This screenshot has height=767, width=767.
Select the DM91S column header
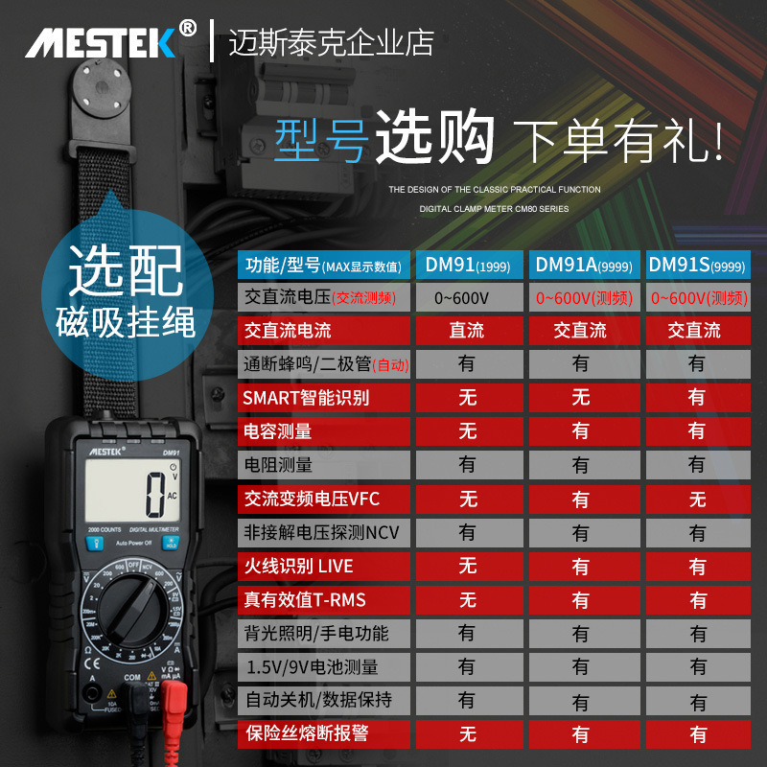point(697,265)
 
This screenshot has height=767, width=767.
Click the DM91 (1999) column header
point(467,265)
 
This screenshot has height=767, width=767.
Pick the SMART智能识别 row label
point(306,397)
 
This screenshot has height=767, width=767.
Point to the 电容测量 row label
point(278,431)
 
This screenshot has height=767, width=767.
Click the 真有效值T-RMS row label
point(305,600)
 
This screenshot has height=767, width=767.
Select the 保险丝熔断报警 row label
point(307,734)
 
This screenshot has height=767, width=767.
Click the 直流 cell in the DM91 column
point(467,331)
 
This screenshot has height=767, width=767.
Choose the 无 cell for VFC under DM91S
point(697,499)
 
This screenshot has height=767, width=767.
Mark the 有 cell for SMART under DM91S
point(697,397)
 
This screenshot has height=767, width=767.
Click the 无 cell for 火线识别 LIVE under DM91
point(467,566)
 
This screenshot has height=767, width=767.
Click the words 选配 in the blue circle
point(125,271)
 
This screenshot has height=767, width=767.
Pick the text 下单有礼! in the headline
point(618,141)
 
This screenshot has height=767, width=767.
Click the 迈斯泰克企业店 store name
point(331,43)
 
